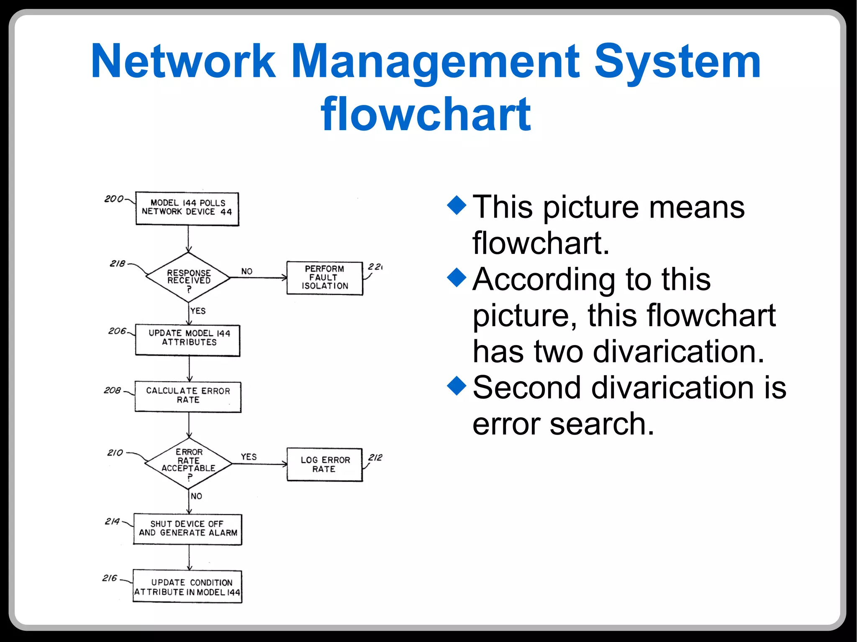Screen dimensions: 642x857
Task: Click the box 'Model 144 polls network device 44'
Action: [x=187, y=208]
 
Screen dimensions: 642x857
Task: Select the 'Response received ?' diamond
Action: [x=188, y=277]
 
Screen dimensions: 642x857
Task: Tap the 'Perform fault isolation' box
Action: [x=325, y=278]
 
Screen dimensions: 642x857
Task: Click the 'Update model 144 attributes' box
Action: [x=188, y=340]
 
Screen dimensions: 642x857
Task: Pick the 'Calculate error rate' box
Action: [x=188, y=396]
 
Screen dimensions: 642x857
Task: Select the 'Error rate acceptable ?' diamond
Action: [x=189, y=463]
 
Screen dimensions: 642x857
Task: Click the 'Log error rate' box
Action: [x=325, y=464]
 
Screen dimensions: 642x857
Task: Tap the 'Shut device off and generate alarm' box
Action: [x=188, y=529]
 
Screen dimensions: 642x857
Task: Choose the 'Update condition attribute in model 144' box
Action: [x=187, y=586]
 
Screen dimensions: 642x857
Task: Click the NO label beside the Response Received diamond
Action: [x=247, y=271]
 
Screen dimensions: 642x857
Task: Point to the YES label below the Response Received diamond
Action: [x=198, y=311]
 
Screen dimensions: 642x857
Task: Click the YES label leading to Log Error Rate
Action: [x=249, y=457]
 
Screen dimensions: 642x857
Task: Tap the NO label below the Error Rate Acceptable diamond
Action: [x=196, y=496]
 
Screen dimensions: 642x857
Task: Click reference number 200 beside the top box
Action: [x=114, y=199]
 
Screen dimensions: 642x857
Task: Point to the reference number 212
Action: [x=375, y=457]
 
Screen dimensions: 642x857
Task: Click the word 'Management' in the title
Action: [x=435, y=62]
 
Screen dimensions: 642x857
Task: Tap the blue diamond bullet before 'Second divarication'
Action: [x=457, y=385]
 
